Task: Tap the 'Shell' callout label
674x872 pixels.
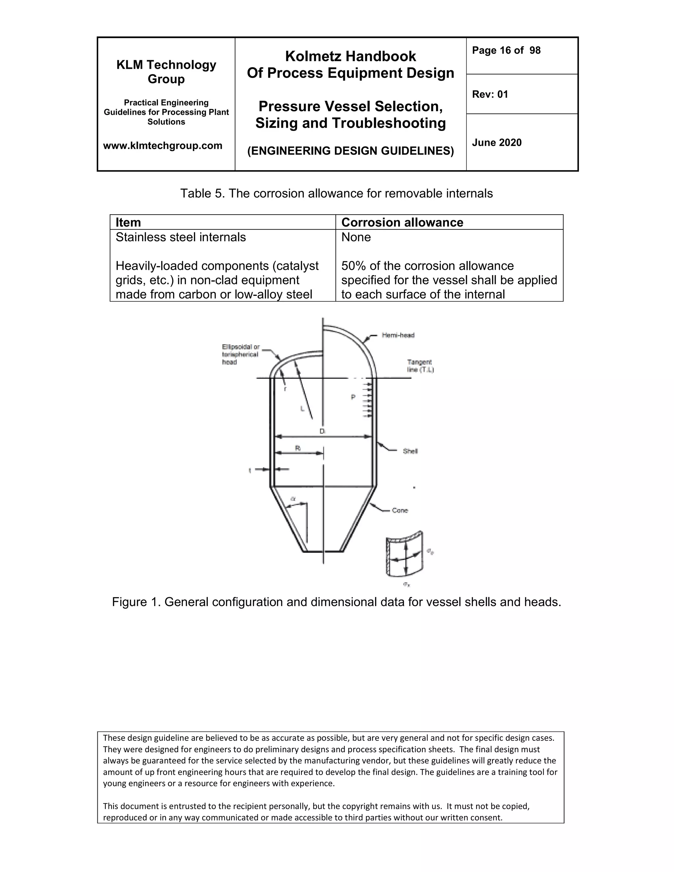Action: (x=410, y=451)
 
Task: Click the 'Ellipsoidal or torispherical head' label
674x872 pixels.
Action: (x=240, y=354)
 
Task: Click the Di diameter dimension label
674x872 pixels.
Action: (x=323, y=431)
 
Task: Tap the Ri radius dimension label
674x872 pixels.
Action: (x=298, y=448)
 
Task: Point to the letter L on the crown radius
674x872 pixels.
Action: (x=302, y=409)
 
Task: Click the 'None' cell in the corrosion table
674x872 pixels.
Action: (x=356, y=237)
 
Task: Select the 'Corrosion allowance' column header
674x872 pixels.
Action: (x=402, y=222)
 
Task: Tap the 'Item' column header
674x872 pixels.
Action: (x=128, y=222)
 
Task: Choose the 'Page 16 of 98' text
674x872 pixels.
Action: (x=506, y=50)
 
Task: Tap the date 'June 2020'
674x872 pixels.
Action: (x=497, y=142)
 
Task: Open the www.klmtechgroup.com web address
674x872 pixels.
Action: (x=163, y=146)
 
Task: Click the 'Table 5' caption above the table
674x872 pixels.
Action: (x=336, y=193)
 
